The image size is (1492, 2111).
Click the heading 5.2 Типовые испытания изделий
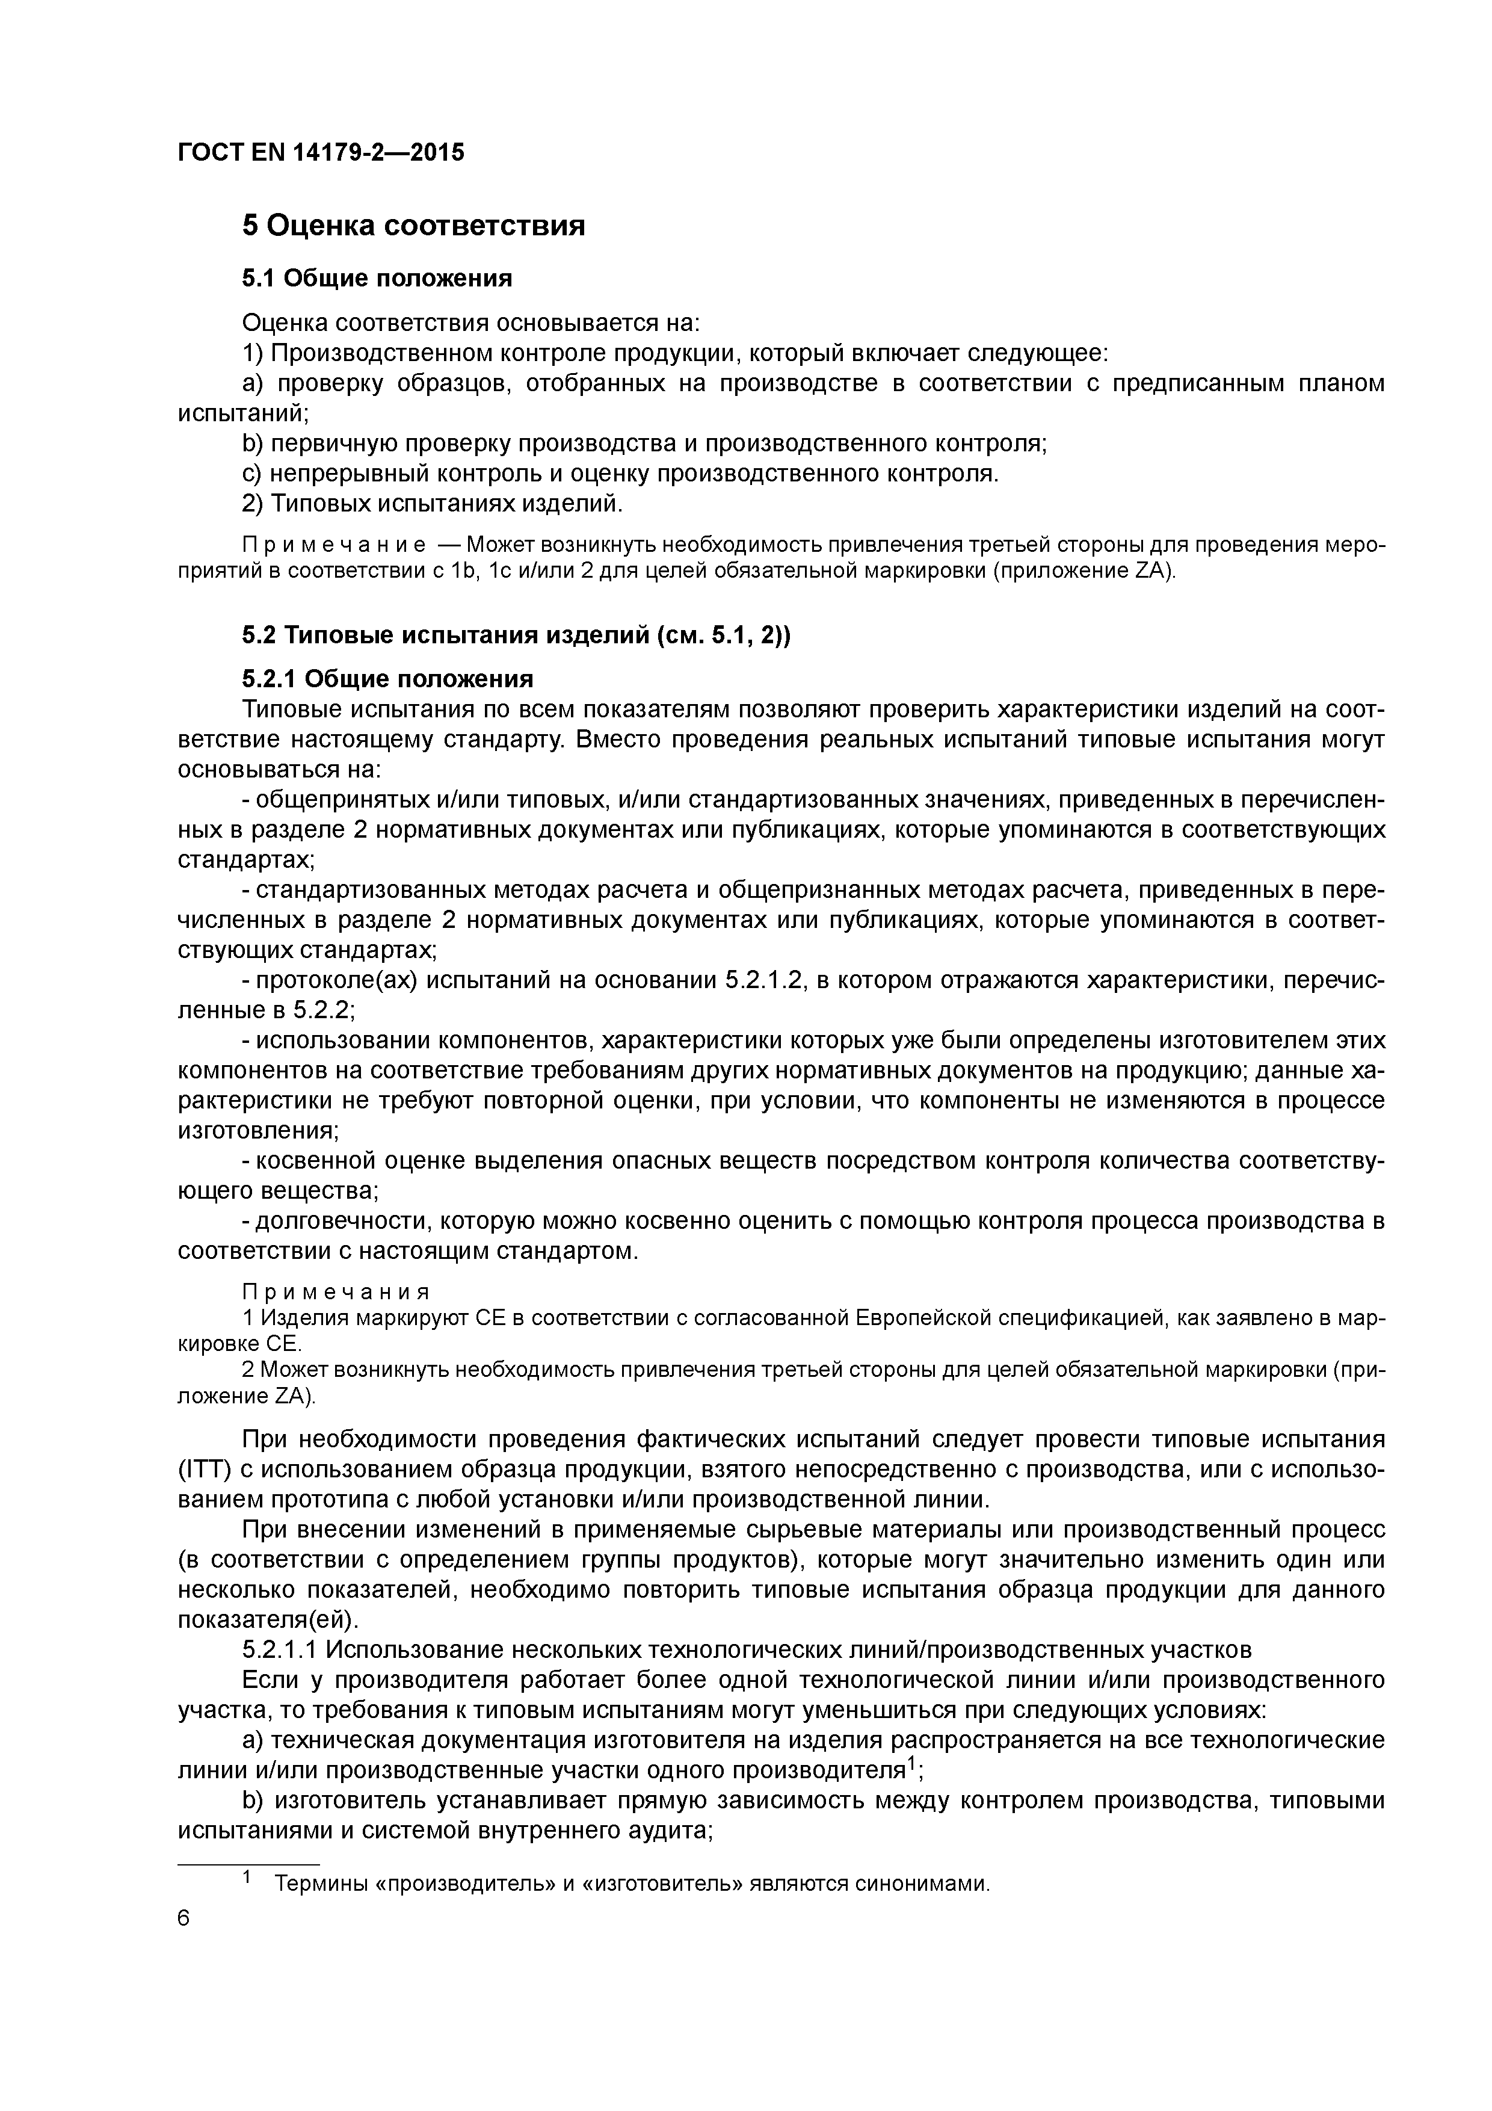click(516, 635)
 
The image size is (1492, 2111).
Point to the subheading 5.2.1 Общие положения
click(387, 679)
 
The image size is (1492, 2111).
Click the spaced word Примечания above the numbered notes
click(336, 1294)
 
